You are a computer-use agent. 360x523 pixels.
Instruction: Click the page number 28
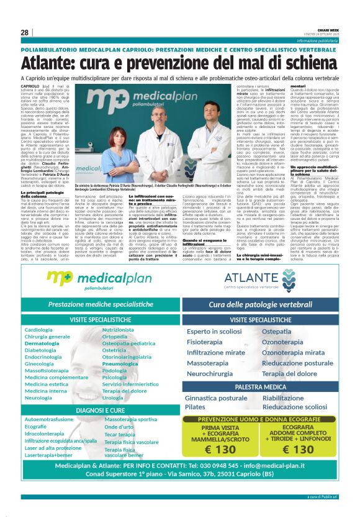tap(24, 33)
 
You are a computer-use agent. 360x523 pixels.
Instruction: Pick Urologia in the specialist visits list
tap(113, 398)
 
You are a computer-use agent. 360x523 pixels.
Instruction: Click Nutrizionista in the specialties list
tap(118, 330)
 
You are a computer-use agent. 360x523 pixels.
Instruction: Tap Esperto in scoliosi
tap(215, 332)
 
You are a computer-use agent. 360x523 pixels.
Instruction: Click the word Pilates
tap(194, 407)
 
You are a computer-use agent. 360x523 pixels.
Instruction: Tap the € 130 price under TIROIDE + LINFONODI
tap(297, 449)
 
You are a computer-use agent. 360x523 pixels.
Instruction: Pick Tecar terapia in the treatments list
tap(120, 435)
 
